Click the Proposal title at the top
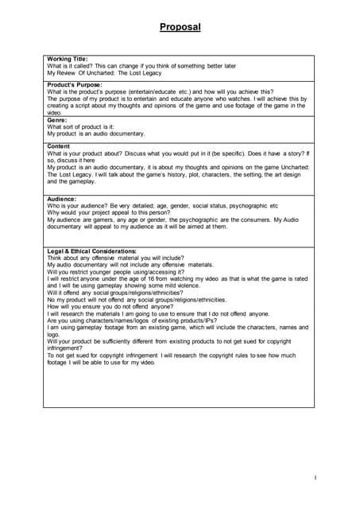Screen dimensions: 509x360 [180, 27]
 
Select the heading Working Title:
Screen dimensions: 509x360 [68, 59]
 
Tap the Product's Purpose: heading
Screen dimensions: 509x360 [75, 84]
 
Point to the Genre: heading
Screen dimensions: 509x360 [57, 120]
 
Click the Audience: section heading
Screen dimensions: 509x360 [62, 199]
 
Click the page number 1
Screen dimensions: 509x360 [315, 477]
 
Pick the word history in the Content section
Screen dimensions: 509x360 [184, 174]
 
